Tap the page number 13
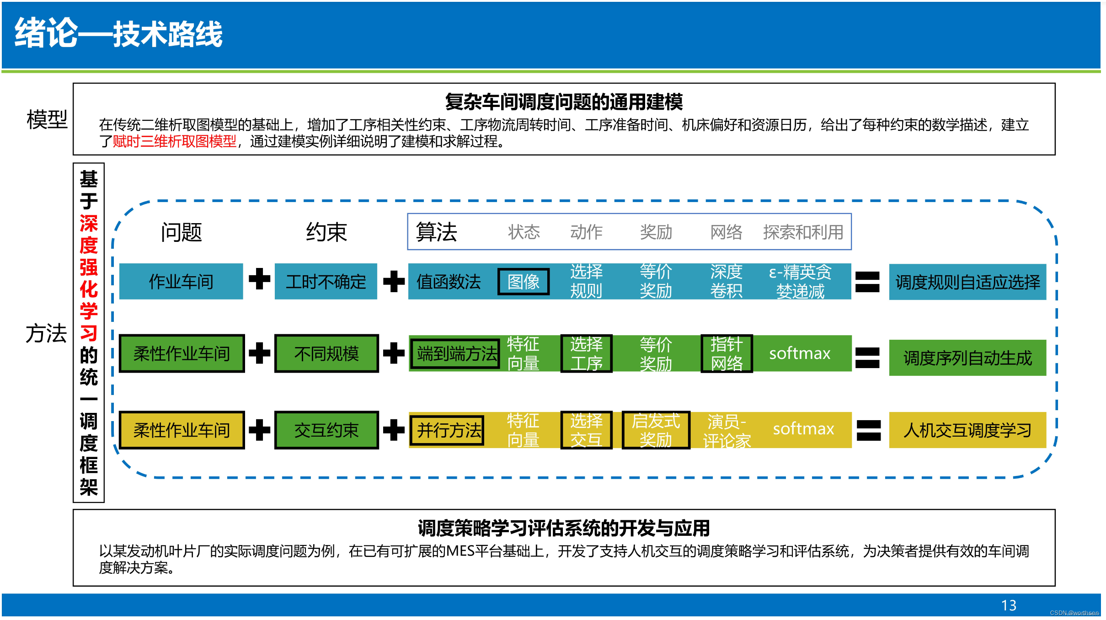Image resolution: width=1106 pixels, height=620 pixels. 1008,605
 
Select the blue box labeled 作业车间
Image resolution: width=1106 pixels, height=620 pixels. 181,282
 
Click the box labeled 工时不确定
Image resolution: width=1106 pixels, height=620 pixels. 326,282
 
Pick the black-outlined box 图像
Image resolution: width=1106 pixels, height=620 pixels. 523,282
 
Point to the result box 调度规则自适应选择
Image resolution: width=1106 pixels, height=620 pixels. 967,282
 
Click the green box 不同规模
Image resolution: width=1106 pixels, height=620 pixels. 326,353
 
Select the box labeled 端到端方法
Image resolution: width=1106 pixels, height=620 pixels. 455,353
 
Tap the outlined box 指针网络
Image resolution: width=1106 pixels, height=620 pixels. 727,353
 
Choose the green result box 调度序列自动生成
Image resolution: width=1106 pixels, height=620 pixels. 967,358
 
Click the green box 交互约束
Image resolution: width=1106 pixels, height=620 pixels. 326,430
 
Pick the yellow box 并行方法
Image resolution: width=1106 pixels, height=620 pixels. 447,430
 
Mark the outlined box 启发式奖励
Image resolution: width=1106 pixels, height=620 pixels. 656,430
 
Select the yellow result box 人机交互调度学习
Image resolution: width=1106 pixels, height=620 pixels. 967,430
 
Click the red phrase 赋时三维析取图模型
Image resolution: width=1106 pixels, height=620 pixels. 175,142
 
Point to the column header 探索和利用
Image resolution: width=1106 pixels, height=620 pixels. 803,232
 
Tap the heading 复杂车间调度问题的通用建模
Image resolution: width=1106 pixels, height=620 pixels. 564,102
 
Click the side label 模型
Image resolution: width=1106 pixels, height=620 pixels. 47,120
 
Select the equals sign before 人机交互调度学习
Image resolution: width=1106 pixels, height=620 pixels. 868,430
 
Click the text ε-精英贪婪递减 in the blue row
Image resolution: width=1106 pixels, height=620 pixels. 800,282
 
